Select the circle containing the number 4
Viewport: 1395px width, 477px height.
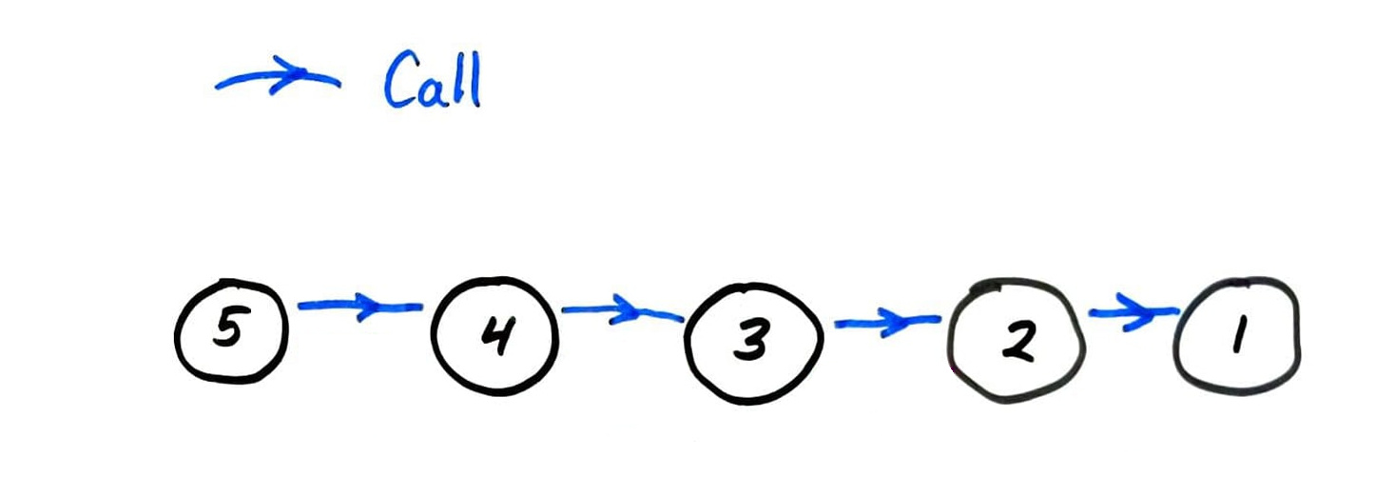click(x=433, y=337)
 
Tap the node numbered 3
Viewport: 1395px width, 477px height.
click(x=686, y=343)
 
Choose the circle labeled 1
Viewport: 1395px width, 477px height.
click(x=1175, y=337)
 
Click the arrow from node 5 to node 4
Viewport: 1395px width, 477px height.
click(x=360, y=307)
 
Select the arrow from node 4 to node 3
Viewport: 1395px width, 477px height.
click(x=623, y=309)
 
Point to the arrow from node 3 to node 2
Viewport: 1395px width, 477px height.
click(x=887, y=322)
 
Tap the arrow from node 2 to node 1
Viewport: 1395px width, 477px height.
click(x=1133, y=311)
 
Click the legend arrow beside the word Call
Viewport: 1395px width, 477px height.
click(x=277, y=77)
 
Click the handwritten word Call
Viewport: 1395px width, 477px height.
click(x=433, y=79)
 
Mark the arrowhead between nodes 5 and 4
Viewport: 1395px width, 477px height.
click(x=371, y=307)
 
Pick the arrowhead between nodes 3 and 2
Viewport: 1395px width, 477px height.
click(x=897, y=322)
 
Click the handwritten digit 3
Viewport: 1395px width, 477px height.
click(x=751, y=340)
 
